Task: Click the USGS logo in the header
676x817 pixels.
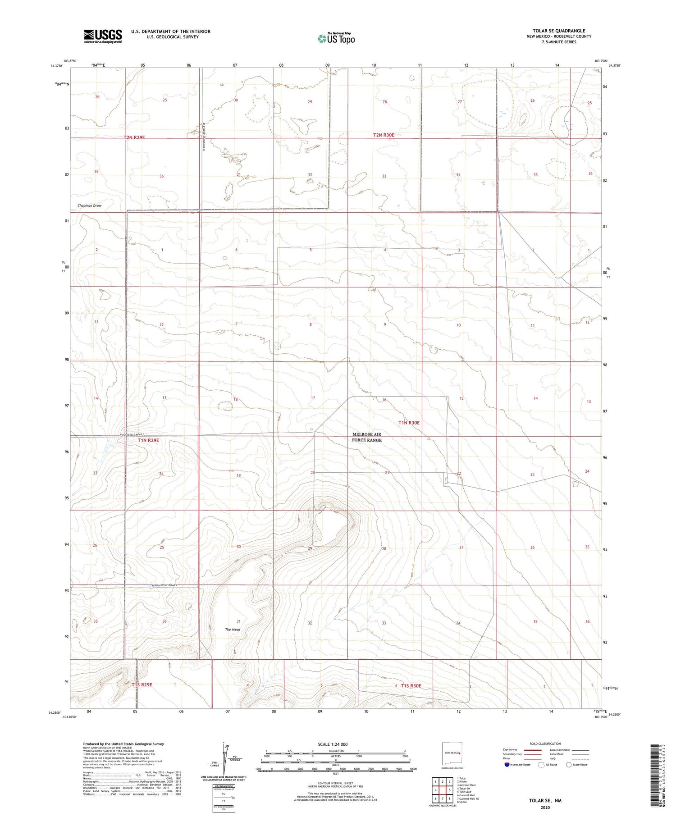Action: (103, 36)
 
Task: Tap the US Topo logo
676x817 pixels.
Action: (336, 39)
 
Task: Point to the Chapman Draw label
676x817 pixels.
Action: (89, 205)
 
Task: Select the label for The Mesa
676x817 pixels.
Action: (233, 630)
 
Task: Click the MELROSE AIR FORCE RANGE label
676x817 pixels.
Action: (367, 437)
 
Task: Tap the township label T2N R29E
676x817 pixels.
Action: (134, 137)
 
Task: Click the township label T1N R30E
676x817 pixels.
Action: (409, 423)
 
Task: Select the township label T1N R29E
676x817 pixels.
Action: (148, 440)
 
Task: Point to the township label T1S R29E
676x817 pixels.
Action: (142, 685)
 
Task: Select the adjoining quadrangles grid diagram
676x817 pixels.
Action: (443, 790)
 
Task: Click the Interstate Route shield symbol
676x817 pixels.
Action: (507, 765)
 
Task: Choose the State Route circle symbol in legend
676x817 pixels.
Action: (569, 765)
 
